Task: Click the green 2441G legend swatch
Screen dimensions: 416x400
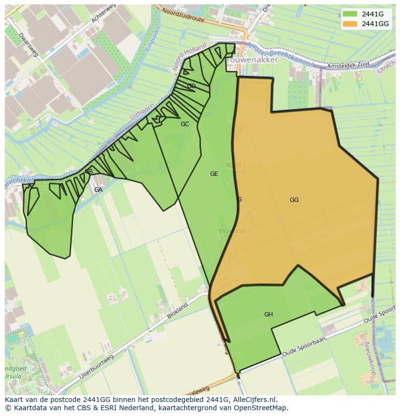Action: tap(351, 14)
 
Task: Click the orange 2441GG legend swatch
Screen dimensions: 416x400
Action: tap(351, 24)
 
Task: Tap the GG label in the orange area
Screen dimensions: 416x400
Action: tap(294, 200)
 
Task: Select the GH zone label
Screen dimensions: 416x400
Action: tap(269, 315)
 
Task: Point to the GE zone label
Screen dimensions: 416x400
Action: tap(214, 174)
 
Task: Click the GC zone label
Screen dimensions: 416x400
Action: tap(185, 124)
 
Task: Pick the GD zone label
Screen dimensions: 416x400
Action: tap(191, 86)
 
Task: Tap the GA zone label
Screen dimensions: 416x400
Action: tap(98, 190)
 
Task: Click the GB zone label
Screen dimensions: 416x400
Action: tap(89, 172)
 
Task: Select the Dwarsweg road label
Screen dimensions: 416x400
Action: tap(28, 45)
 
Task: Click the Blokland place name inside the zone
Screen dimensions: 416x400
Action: tap(232, 231)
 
